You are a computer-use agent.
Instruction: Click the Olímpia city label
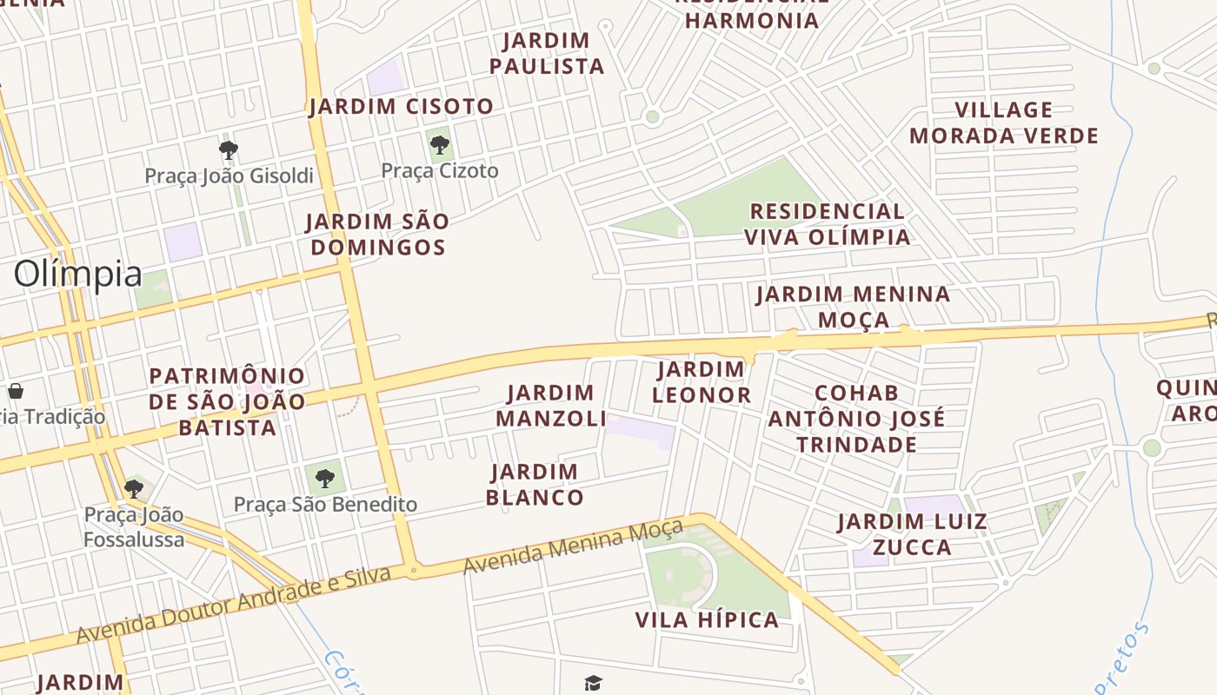pos(77,274)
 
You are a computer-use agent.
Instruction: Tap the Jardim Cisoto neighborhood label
pos(401,107)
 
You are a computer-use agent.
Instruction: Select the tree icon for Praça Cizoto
pos(440,144)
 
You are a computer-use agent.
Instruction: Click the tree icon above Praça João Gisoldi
pos(229,150)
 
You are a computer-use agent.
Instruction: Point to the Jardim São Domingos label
pos(378,235)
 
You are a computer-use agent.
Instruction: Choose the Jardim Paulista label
pos(547,53)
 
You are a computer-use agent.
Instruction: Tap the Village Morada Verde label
pos(1004,122)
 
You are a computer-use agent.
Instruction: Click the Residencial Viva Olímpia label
pos(828,224)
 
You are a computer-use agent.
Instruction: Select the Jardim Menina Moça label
pos(853,307)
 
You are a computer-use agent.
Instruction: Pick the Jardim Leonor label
pos(702,382)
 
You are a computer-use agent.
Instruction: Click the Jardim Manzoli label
pos(551,406)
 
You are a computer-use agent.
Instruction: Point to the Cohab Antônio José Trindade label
pos(856,419)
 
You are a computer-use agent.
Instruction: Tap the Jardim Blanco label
pos(535,485)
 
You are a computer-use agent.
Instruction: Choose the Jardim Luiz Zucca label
pos(912,534)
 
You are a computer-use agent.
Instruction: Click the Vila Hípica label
pos(707,620)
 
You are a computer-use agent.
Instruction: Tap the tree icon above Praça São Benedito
pos(324,477)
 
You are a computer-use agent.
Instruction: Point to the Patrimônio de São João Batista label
pos(227,401)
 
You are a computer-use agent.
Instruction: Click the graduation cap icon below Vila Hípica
pos(593,684)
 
